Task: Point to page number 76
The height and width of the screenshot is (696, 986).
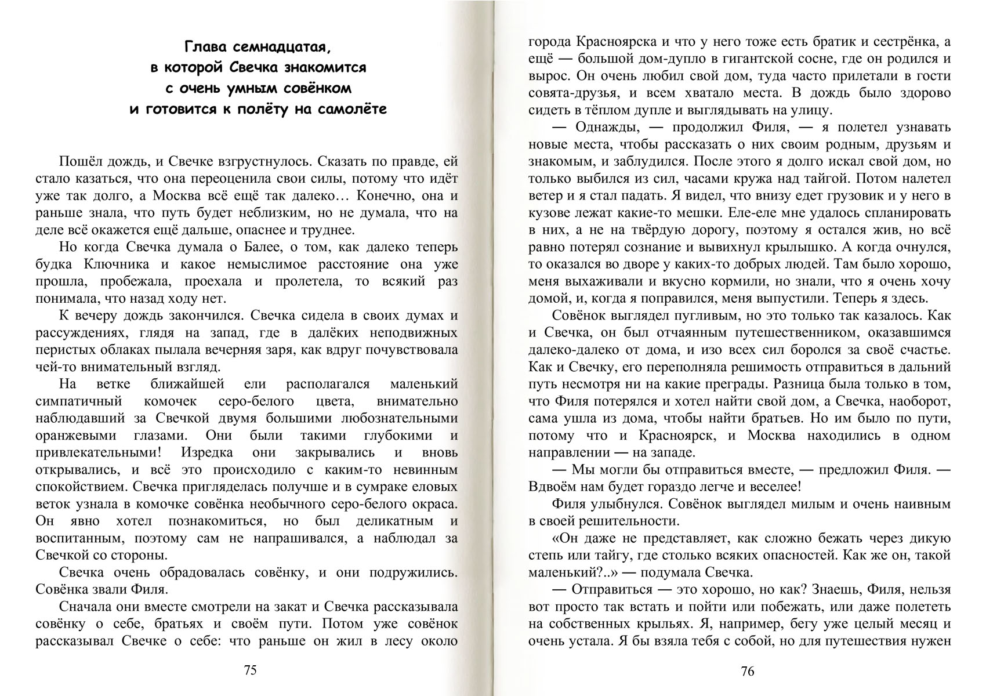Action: click(748, 671)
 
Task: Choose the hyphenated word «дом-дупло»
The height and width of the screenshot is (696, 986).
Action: click(651, 59)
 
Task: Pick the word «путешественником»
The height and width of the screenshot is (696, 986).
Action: click(784, 333)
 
